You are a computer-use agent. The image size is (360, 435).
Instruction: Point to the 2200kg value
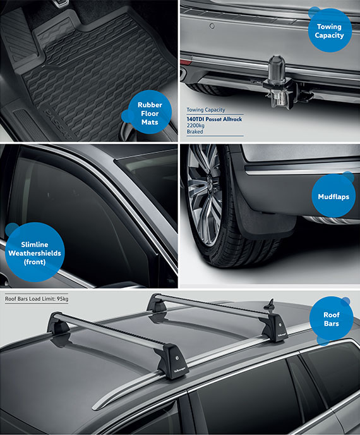(197, 126)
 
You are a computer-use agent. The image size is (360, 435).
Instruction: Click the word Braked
(196, 133)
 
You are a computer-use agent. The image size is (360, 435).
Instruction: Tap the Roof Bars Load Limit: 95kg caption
(37, 298)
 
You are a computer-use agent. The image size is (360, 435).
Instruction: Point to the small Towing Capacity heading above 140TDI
(206, 110)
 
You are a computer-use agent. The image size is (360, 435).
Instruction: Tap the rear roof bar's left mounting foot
(156, 304)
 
